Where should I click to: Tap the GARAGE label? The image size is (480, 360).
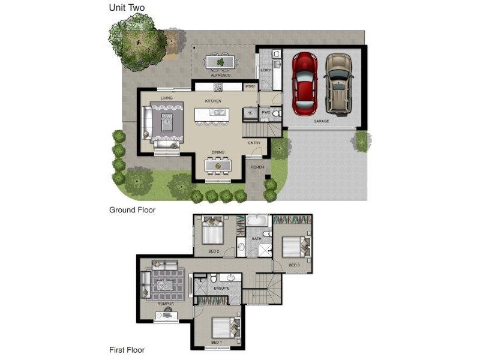click(x=321, y=121)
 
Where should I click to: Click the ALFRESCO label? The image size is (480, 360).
click(x=220, y=76)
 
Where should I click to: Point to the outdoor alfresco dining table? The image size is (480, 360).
click(x=220, y=61)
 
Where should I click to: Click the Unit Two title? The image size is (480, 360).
click(x=126, y=8)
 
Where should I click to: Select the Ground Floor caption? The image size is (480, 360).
click(x=132, y=210)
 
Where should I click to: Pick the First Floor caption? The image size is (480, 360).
click(x=127, y=349)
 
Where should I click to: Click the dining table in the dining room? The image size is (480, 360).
click(x=218, y=164)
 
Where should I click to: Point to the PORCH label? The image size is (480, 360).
click(x=257, y=167)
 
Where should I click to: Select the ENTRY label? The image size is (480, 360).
click(x=254, y=143)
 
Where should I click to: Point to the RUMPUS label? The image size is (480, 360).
click(x=166, y=304)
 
